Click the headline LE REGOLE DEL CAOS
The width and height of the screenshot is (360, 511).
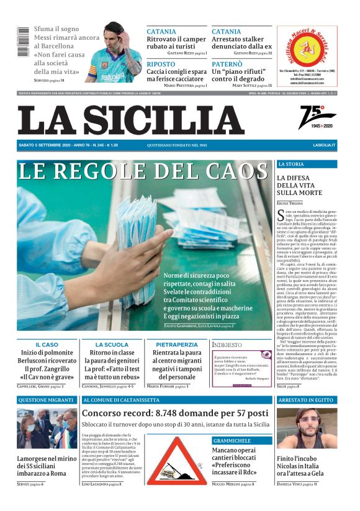(143, 171)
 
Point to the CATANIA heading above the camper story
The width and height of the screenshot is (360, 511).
(161, 31)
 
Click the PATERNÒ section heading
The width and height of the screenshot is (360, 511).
(228, 64)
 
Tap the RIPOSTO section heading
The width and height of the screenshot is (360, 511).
(161, 64)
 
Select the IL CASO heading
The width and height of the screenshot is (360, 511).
(47, 344)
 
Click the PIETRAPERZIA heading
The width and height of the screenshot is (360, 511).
(176, 344)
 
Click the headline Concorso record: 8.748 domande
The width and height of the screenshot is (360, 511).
(176, 413)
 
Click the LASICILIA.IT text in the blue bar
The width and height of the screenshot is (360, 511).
(324, 145)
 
